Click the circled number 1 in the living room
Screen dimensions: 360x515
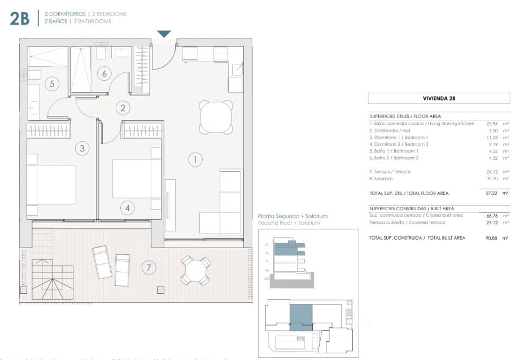tap(195, 159)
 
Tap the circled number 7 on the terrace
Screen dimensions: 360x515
tap(149, 268)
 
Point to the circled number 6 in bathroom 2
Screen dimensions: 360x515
tap(103, 73)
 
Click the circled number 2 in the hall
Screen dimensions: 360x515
tap(122, 107)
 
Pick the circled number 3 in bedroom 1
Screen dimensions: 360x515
tap(82, 149)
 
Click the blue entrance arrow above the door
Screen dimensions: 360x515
tap(164, 34)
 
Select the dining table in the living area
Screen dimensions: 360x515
tap(216, 117)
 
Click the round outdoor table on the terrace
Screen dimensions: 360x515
tap(195, 270)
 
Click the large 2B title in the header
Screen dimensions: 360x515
tap(19, 19)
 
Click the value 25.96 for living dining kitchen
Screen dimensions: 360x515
tap(491, 123)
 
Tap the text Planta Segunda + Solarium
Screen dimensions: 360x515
tap(292, 216)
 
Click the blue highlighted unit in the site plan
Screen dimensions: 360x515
tap(300, 316)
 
